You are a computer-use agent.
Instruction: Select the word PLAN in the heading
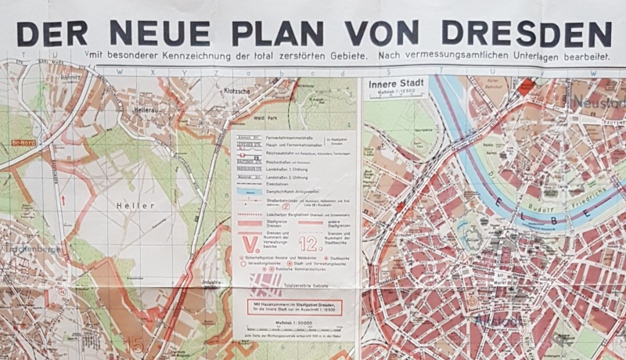tap(278, 33)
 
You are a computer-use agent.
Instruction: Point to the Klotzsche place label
tap(236, 91)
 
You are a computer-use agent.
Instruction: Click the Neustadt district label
tap(599, 103)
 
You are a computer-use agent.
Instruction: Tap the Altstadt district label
tap(492, 322)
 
